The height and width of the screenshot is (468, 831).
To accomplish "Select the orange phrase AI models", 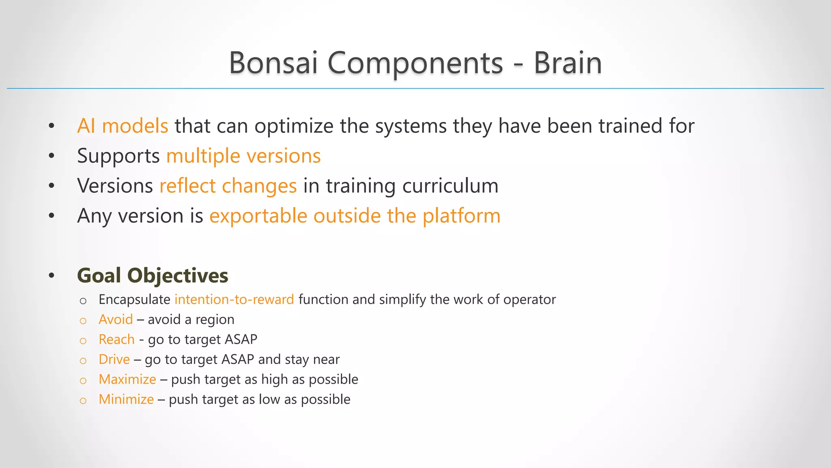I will [123, 126].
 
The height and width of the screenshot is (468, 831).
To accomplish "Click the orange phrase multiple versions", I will [243, 156].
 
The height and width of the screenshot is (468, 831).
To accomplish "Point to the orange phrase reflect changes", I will [228, 186].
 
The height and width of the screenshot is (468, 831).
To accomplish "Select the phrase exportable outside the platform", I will [355, 216].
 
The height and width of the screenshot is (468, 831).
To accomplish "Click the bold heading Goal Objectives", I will [153, 275].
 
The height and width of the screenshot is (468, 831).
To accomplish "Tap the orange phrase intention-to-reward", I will [234, 299].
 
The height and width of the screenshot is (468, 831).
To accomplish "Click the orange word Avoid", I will [116, 319].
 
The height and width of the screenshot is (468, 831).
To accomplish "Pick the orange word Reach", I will [116, 339].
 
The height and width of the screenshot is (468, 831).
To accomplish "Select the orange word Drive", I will [114, 359].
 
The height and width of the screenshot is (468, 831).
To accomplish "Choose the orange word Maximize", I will [127, 379].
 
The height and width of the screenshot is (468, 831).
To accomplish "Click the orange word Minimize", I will [126, 399].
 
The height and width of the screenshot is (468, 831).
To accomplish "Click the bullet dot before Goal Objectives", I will [51, 276].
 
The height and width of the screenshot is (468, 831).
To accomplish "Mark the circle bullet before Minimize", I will [83, 401].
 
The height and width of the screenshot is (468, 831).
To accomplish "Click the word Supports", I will [118, 156].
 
